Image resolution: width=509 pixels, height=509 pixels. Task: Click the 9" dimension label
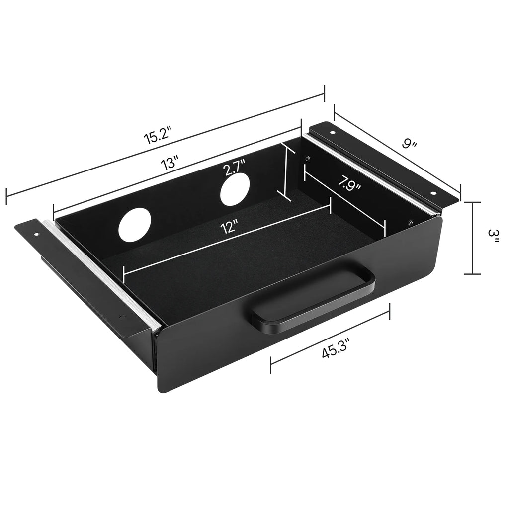click(409, 144)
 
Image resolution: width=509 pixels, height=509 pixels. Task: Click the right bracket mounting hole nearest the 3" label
click(432, 193)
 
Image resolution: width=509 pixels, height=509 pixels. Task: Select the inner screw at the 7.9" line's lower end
click(410, 222)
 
